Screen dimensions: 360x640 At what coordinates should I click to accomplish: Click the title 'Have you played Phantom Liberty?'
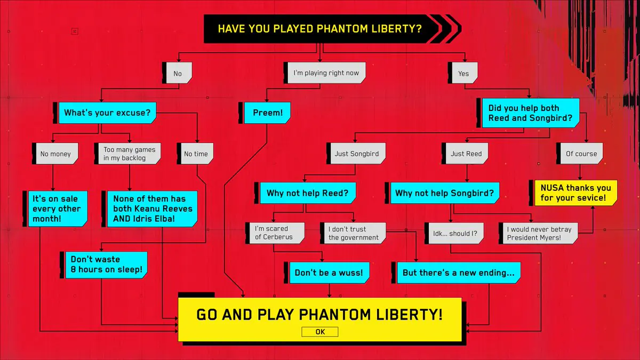click(x=320, y=29)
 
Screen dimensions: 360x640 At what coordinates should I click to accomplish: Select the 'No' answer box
click(x=177, y=74)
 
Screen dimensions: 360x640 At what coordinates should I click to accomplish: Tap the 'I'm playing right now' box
click(x=326, y=73)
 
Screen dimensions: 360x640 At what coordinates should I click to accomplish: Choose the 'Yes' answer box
click(x=463, y=74)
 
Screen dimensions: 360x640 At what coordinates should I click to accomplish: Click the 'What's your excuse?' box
click(x=107, y=113)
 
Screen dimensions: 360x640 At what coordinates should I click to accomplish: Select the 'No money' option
click(x=55, y=154)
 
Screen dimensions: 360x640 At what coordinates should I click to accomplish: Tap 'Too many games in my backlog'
click(x=129, y=154)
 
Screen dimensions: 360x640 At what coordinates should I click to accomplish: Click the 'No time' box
click(x=196, y=154)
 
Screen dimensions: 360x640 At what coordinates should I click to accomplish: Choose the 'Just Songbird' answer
click(x=356, y=154)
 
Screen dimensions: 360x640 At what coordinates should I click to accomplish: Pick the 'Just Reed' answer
click(x=466, y=154)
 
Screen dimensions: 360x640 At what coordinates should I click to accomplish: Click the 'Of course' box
click(x=581, y=154)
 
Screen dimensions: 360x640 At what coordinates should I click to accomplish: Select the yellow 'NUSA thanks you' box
click(x=575, y=193)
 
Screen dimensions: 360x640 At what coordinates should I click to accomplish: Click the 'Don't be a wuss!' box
click(x=328, y=273)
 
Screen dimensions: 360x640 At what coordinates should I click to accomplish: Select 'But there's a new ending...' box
click(x=458, y=273)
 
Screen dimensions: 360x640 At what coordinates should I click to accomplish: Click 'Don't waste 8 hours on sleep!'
click(x=106, y=265)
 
